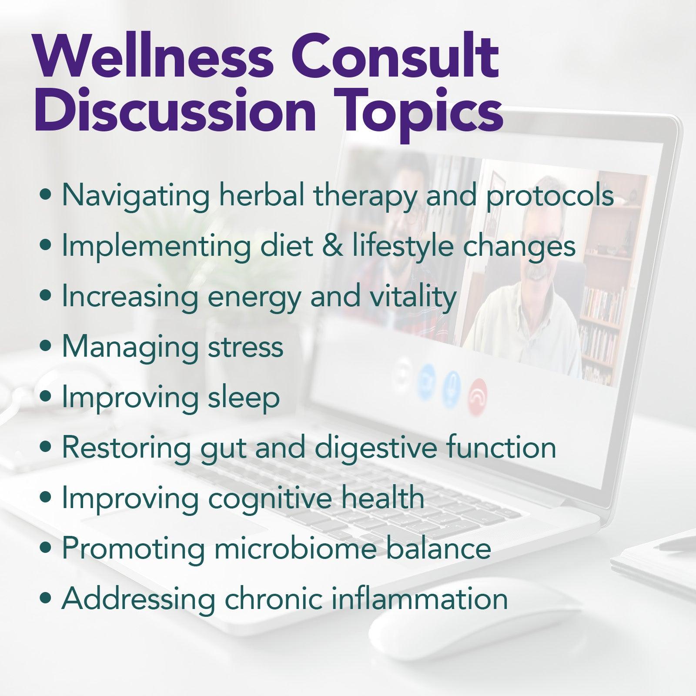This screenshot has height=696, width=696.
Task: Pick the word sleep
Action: click(243, 398)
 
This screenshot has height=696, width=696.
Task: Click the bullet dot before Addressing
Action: click(45, 599)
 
